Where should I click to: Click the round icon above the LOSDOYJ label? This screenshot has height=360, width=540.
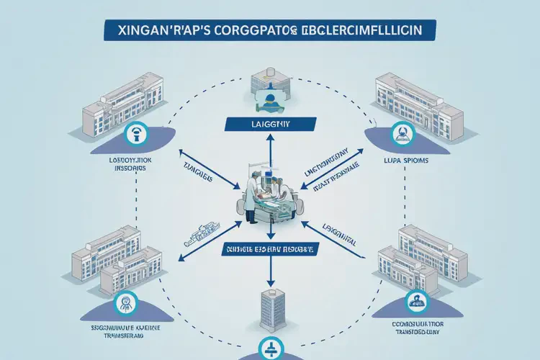pyautogui.click(x=136, y=133)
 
